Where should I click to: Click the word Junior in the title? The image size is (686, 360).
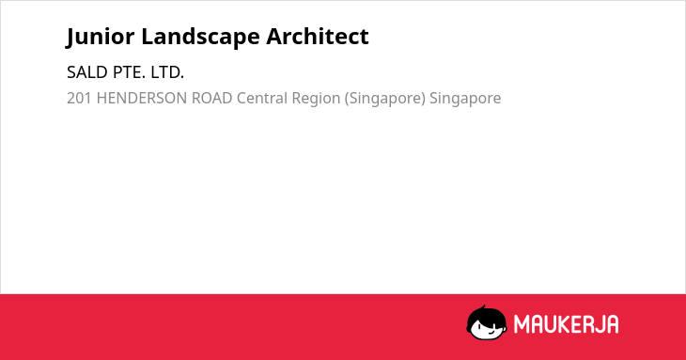[101, 37]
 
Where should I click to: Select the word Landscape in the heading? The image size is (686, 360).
[200, 37]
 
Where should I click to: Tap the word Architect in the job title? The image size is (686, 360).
[318, 36]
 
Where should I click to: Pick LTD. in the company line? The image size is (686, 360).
[167, 72]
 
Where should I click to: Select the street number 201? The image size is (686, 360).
[79, 98]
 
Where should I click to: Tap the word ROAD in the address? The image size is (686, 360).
[211, 98]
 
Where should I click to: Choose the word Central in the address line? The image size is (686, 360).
[262, 98]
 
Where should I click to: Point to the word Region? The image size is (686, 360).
[316, 99]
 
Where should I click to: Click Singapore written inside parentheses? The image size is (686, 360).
[385, 99]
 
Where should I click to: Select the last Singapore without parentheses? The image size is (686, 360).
[465, 99]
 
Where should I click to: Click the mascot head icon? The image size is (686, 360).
[487, 323]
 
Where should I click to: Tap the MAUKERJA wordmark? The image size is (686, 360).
[566, 324]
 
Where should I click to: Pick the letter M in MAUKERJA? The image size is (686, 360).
[521, 324]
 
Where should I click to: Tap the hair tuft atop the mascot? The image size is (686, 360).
[483, 308]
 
